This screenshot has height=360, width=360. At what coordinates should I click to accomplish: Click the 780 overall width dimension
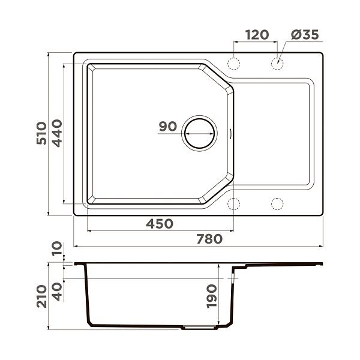coord(209,239)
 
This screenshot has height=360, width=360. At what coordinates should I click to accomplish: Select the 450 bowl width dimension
coord(160,224)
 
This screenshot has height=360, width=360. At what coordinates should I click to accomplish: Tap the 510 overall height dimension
coord(41,133)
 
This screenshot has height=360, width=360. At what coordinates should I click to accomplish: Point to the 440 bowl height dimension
coord(57,133)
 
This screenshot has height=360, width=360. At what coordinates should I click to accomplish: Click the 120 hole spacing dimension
coord(257,35)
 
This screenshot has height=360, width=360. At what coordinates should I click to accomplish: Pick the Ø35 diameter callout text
coord(305,35)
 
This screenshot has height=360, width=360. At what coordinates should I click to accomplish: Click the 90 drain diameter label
coord(168,126)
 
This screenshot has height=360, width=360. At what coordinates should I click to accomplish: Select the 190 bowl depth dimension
coord(211,296)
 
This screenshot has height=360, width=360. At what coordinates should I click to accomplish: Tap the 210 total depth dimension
coord(41,296)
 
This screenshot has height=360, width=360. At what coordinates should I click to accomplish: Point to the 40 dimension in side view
coord(57,292)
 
